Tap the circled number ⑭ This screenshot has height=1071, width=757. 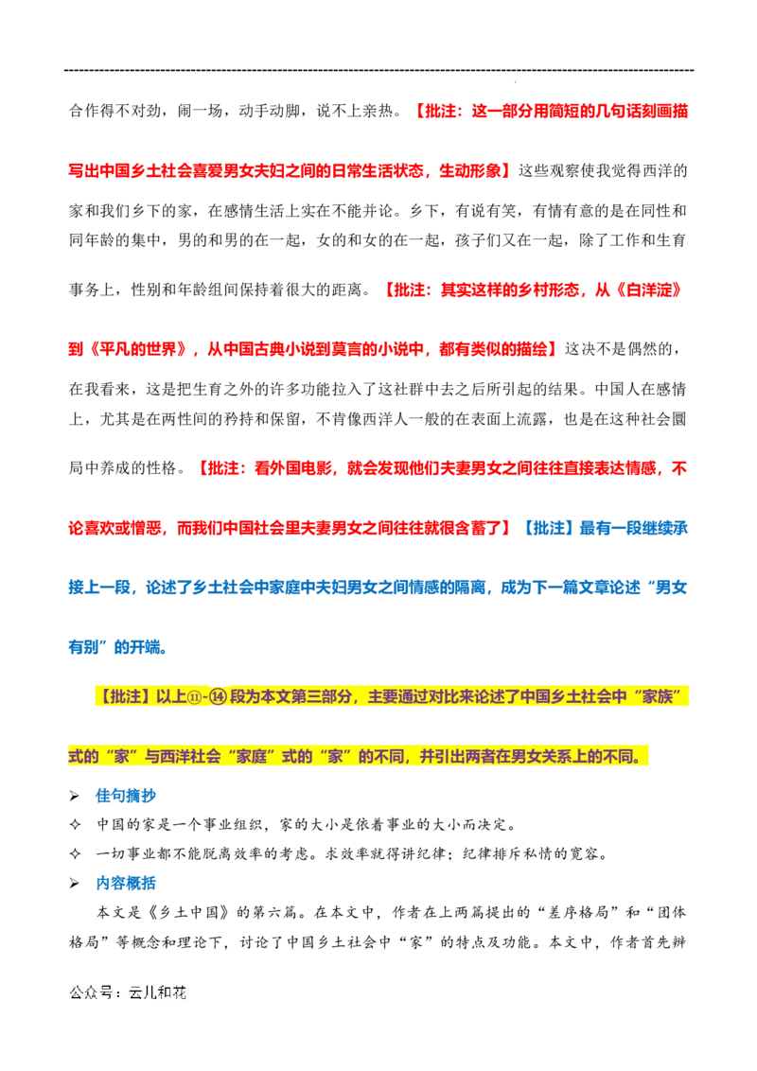point(220,698)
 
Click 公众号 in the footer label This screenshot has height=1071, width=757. point(91,993)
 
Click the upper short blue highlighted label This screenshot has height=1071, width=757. point(125,798)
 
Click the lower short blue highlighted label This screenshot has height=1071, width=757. point(125,883)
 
